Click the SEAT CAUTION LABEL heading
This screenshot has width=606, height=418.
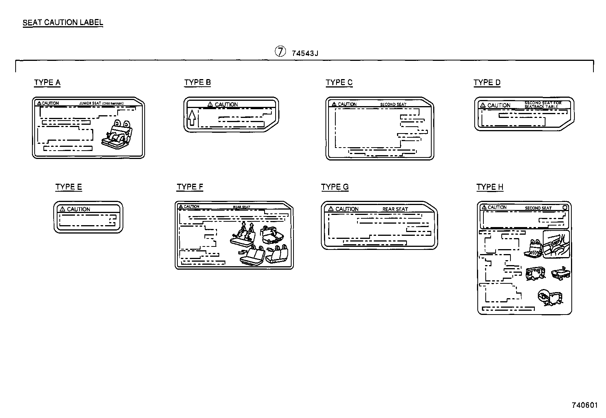click(63, 22)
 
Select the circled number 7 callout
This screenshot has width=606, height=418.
click(280, 52)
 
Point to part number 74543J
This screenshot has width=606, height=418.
click(305, 53)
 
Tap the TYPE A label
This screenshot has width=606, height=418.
click(47, 83)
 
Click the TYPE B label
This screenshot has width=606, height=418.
click(198, 83)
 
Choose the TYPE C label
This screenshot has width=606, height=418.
click(339, 83)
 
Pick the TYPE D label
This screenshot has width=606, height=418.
click(487, 83)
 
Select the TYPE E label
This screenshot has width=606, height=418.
click(69, 187)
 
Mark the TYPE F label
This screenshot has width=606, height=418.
click(190, 187)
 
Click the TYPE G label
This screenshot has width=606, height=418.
click(335, 187)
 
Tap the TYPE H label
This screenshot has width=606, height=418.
click(490, 187)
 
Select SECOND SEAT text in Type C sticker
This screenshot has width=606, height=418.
click(393, 105)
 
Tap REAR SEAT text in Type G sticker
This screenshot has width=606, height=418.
click(395, 209)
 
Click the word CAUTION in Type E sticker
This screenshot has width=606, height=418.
click(78, 209)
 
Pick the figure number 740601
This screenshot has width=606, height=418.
click(585, 405)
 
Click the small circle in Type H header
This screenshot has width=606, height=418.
click(565, 208)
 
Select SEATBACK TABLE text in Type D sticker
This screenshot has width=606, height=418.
click(541, 107)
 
